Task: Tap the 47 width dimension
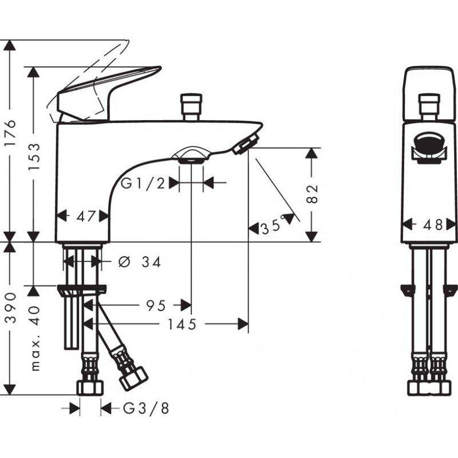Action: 85,216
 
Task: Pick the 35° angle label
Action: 273,227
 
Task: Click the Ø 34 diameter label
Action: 140,262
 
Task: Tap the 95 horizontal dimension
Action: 155,306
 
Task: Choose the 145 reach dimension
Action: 183,325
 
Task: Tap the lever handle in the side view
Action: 109,86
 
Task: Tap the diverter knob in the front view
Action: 431,106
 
